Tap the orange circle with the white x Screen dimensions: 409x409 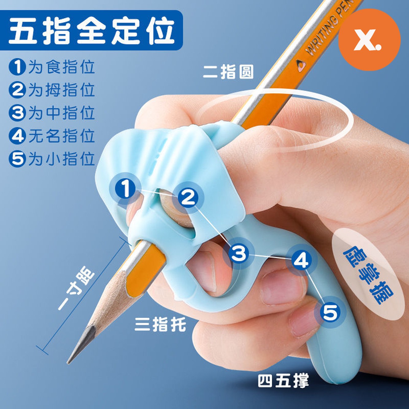[x=369, y=40]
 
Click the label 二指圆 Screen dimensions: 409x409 [x=228, y=72]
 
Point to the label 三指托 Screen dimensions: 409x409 [x=160, y=324]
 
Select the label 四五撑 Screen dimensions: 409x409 [x=283, y=381]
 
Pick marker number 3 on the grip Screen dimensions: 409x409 [x=239, y=253]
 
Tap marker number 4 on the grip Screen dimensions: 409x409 [x=302, y=260]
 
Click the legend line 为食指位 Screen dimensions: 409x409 [x=62, y=67]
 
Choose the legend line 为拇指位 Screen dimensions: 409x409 [x=62, y=90]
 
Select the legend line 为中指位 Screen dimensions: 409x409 [x=62, y=113]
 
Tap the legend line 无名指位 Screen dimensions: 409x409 [x=62, y=136]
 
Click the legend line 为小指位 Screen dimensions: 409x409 [x=62, y=159]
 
